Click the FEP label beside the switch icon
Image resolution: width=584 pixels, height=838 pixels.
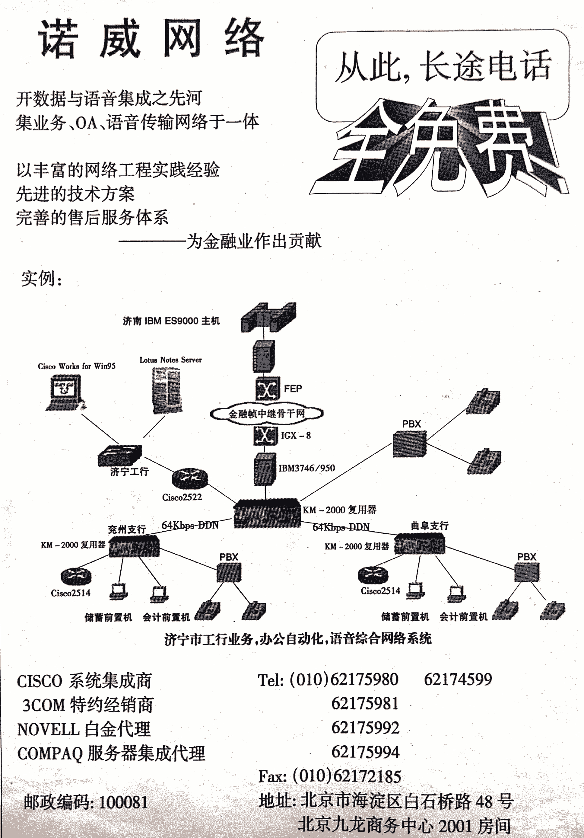(x=293, y=389)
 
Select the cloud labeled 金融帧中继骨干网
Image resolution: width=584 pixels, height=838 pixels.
(x=267, y=414)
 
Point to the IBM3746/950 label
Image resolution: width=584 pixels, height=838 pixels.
(x=306, y=468)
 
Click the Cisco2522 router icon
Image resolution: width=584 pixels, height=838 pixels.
(x=190, y=478)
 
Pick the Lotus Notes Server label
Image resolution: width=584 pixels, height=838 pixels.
(x=170, y=360)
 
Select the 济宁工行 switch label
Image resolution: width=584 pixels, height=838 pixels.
(x=129, y=472)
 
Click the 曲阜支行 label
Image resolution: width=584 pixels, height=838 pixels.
(x=430, y=526)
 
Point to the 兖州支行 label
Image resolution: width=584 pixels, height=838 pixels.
(x=127, y=529)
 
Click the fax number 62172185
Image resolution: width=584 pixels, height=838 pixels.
(x=367, y=776)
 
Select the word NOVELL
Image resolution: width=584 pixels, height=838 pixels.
(x=48, y=730)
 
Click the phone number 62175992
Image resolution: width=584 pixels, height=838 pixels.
(x=365, y=728)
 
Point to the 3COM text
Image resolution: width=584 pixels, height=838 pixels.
(x=44, y=705)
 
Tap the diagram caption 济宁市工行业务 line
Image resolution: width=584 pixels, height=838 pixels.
(x=298, y=639)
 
